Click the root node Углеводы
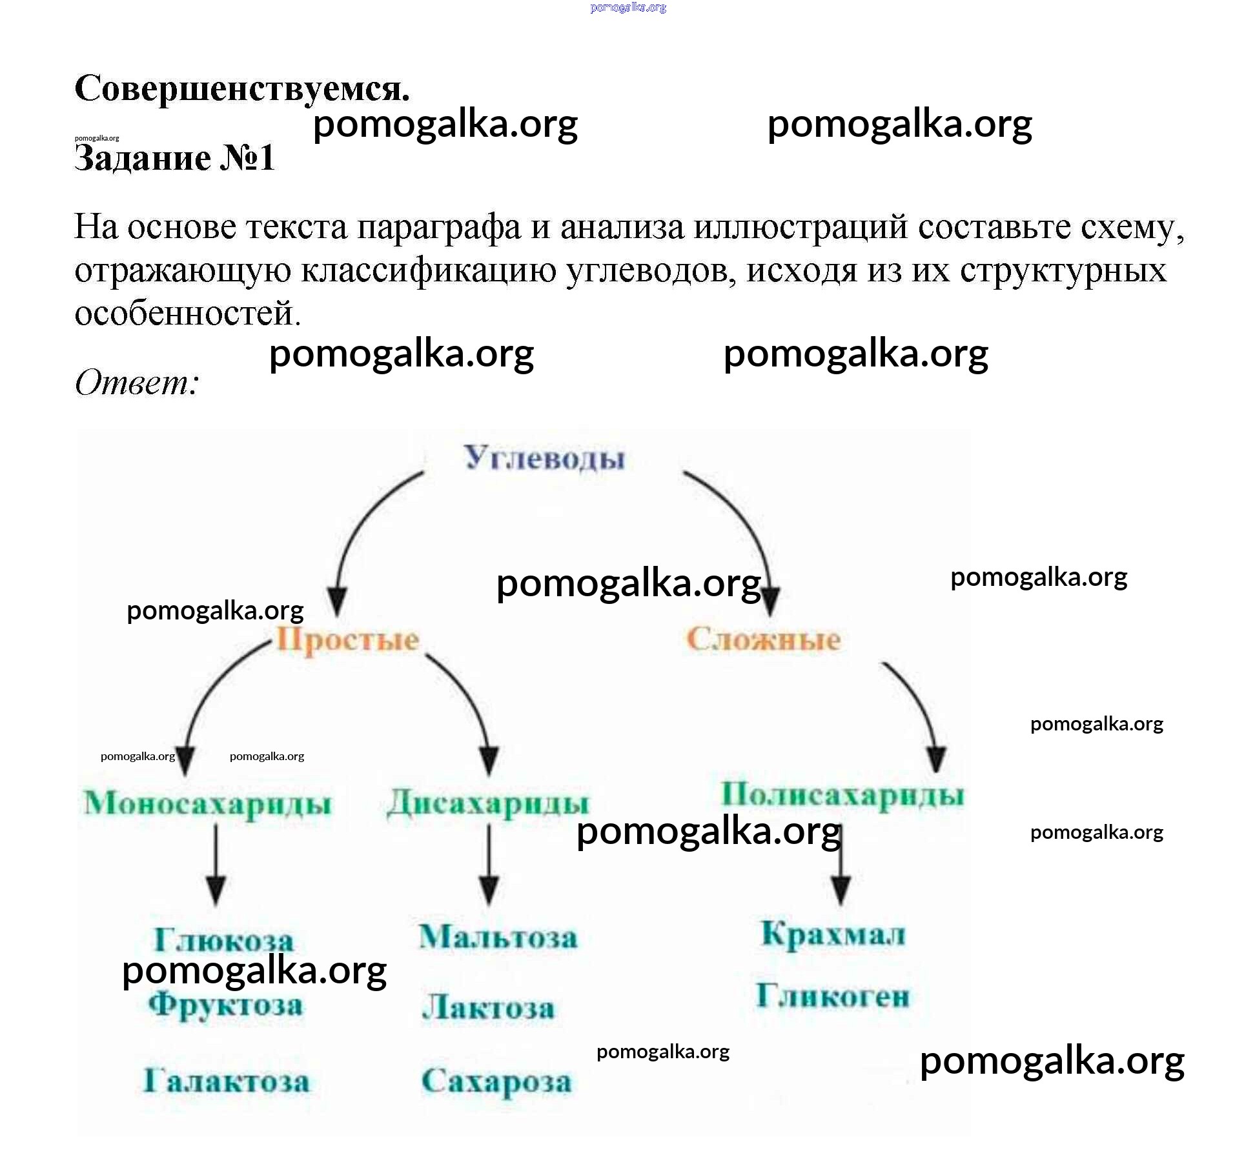(544, 459)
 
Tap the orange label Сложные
(763, 639)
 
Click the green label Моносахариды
(207, 804)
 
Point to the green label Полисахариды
(842, 795)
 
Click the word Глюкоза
(223, 939)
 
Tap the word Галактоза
(226, 1081)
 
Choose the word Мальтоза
(498, 937)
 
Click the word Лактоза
(488, 1008)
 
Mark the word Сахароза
(496, 1082)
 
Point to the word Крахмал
(833, 934)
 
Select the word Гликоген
(833, 996)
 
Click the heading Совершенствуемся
(242, 88)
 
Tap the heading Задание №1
(174, 158)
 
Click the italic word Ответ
(136, 383)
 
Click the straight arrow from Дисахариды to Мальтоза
(489, 865)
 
